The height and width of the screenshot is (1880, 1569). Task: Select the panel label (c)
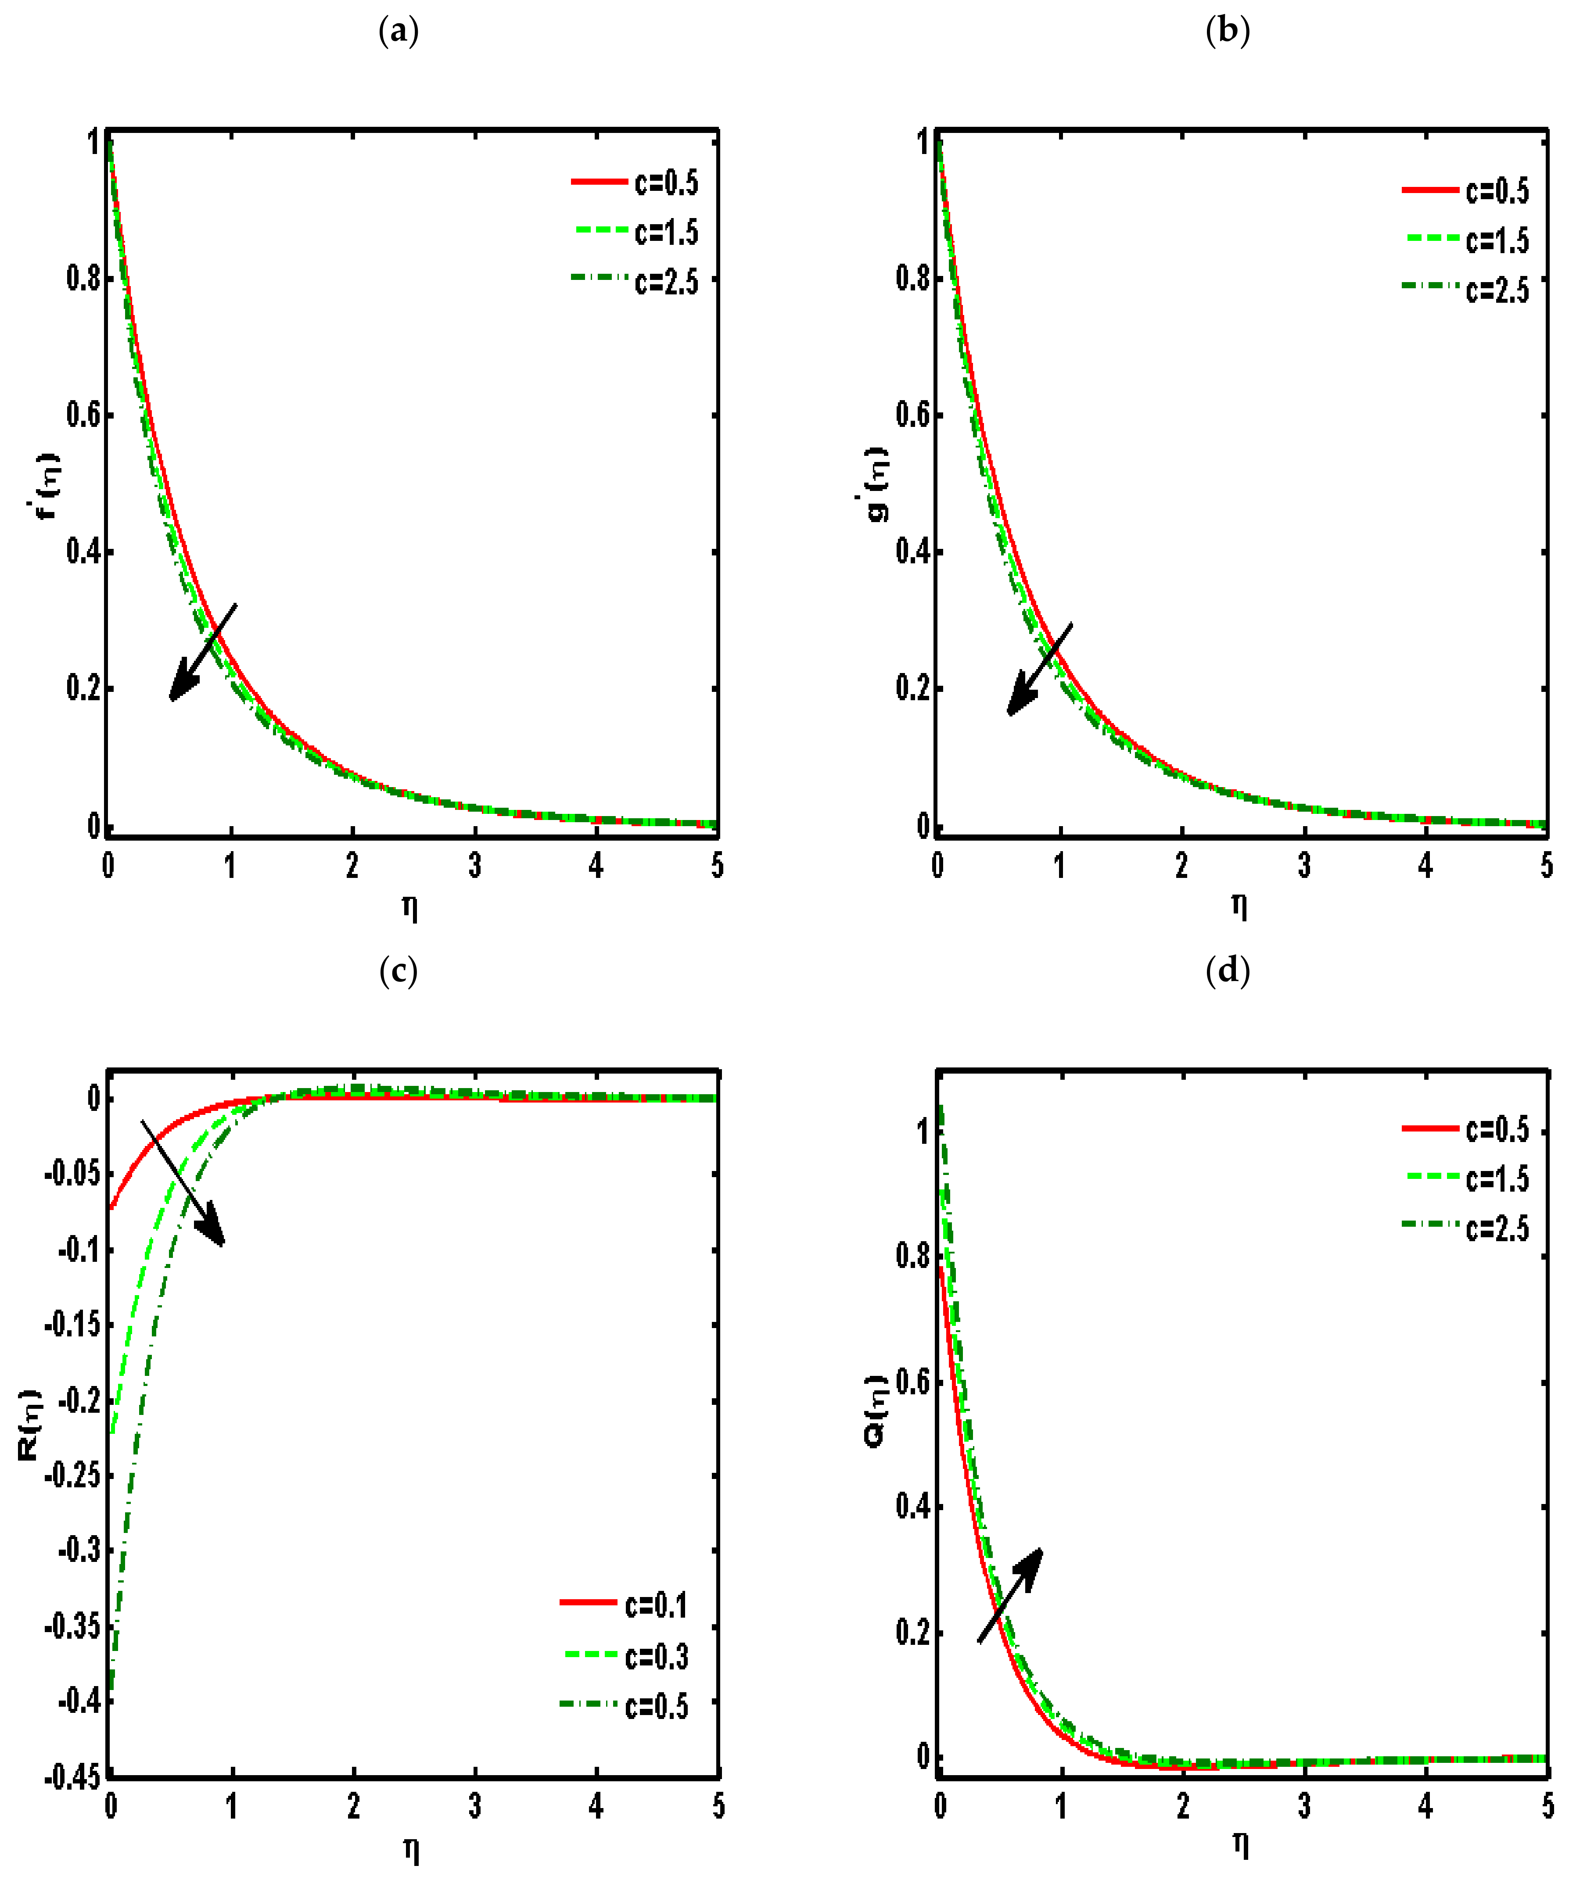[399, 971]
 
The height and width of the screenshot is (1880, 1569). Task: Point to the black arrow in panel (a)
[203, 652]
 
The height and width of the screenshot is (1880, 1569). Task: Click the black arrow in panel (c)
[183, 1182]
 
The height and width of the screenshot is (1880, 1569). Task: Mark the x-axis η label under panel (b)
[1239, 906]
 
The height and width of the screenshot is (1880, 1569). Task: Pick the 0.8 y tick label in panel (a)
[84, 279]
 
